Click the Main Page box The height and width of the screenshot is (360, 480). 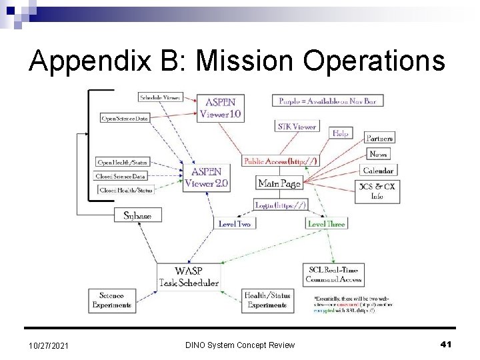point(279,182)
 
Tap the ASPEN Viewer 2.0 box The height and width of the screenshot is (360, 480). point(207,178)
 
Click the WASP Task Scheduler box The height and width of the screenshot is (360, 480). point(189,277)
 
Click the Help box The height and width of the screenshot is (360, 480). point(341,133)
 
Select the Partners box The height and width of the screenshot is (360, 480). point(380,138)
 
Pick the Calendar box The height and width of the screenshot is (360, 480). point(378,169)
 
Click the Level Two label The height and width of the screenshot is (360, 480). point(234,225)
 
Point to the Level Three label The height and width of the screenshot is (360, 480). point(326,225)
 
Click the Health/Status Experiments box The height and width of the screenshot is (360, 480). point(265,300)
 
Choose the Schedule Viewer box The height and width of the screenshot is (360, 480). point(160,97)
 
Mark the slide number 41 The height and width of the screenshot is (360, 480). point(447,343)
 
